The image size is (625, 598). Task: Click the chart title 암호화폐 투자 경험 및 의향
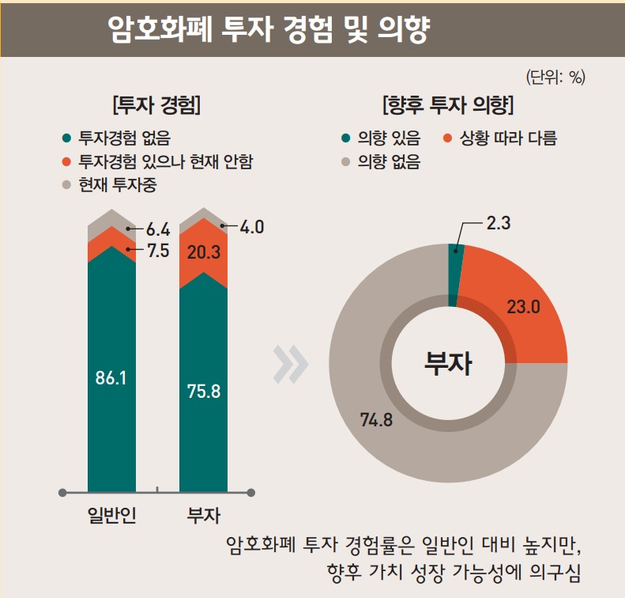[269, 32]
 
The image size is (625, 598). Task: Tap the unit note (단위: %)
[555, 77]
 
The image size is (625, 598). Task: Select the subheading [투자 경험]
[156, 104]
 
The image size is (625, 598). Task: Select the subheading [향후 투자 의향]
[448, 104]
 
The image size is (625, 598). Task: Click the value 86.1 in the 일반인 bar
[111, 378]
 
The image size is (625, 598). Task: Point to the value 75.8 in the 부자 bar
[204, 391]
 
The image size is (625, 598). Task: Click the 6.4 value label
[158, 230]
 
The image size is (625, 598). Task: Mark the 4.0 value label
[251, 227]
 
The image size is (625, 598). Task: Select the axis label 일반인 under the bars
[111, 517]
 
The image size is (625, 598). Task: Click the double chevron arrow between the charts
[291, 363]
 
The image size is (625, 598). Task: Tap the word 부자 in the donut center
[448, 365]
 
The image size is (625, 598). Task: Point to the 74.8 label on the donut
[377, 419]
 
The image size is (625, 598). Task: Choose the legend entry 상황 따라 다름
[508, 138]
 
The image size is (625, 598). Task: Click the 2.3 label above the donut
[499, 224]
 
